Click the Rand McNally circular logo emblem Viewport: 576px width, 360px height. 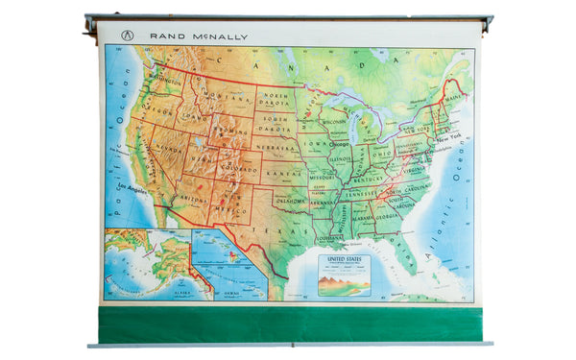pos(126,36)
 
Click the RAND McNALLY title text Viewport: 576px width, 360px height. pos(198,36)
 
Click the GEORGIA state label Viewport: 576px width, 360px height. pos(389,218)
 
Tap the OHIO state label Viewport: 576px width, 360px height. pos(383,154)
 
